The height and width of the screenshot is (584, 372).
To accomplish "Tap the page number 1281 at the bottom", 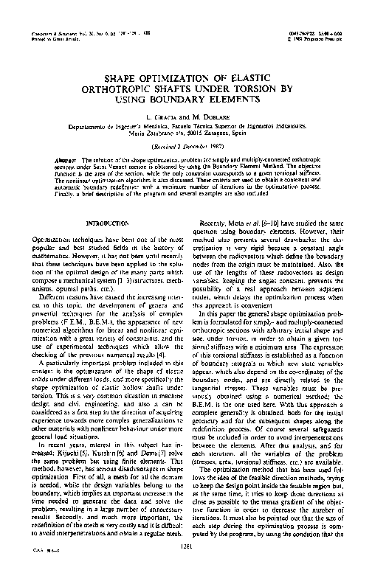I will click(185, 566).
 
